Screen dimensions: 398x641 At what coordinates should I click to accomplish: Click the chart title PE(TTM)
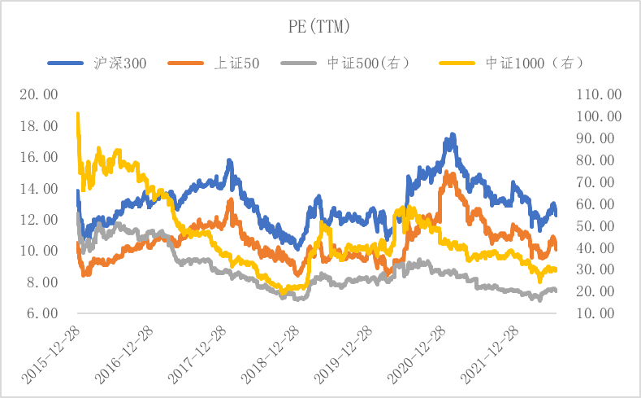coord(319,28)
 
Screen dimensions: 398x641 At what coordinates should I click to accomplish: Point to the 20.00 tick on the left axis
coord(39,94)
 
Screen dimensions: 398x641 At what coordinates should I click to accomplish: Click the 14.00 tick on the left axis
coord(39,189)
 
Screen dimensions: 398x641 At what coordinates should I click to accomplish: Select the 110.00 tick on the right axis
coord(598,94)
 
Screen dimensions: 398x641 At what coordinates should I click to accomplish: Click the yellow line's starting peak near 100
coord(78,115)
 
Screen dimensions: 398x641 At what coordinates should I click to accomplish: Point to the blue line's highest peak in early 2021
coord(452,135)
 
